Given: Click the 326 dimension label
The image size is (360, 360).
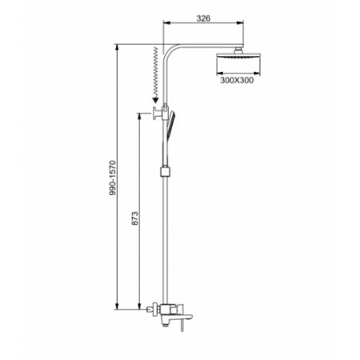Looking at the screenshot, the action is click(203, 18).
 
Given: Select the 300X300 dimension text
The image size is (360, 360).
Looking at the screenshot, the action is click(237, 80).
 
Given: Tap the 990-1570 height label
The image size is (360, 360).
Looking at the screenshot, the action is click(113, 178).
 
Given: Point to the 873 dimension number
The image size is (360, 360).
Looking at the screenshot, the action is click(135, 218).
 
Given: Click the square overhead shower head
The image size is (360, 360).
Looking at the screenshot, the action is click(238, 56).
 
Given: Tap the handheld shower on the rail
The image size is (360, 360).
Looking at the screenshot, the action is click(170, 125).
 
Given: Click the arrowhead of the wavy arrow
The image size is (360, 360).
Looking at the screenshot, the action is click(155, 100).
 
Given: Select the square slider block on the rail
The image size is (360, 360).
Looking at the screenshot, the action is click(166, 171).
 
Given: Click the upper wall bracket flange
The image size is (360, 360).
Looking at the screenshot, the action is click(154, 113).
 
